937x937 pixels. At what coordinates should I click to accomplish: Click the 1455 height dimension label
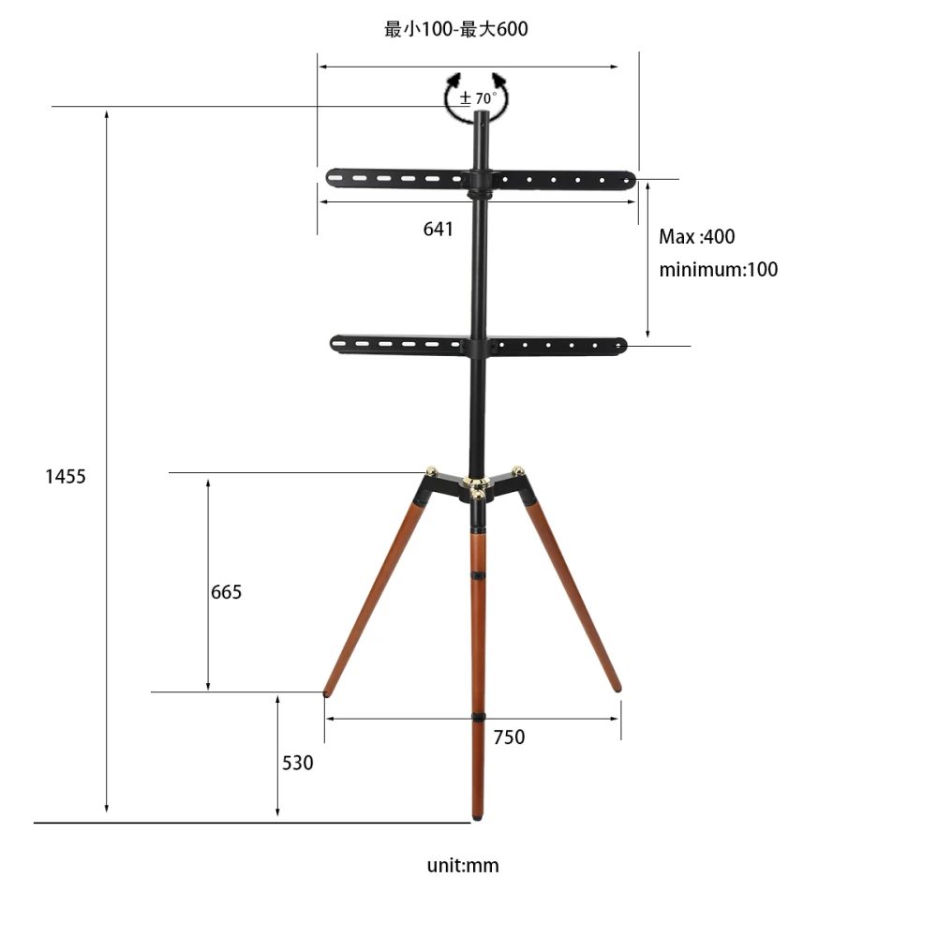coord(66,476)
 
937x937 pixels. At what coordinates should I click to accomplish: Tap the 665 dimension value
coord(227,591)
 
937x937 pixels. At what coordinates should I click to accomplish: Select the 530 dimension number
coord(298,763)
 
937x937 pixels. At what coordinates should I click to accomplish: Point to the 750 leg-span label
coord(509,736)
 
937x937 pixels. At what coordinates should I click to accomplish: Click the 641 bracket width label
coord(438,229)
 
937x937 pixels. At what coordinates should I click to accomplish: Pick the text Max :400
coord(697,237)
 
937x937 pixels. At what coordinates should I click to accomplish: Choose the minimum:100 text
coord(719,270)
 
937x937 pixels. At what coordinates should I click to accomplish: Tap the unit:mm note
coord(463,865)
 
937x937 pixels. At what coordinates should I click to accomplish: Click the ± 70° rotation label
coord(478,98)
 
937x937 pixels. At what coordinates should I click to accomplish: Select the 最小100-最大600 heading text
coord(456,29)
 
